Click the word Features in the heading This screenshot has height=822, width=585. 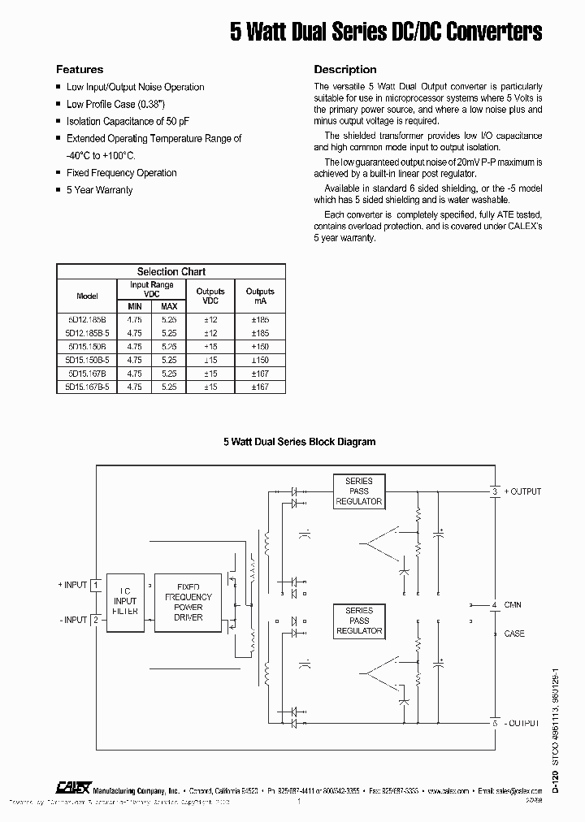[x=79, y=70]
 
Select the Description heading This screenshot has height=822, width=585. [x=345, y=70]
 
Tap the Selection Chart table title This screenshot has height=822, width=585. [x=171, y=272]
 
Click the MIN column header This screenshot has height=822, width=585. [x=134, y=306]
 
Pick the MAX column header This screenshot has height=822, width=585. [x=169, y=306]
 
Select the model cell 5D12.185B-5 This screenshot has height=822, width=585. [x=87, y=332]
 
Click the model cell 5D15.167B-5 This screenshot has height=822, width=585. [x=87, y=387]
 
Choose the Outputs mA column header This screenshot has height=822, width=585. [x=260, y=296]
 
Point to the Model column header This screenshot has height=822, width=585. [x=87, y=296]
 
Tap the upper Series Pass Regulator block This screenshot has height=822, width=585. [x=358, y=491]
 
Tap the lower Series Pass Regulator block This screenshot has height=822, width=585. [x=358, y=620]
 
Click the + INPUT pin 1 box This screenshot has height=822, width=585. [x=95, y=585]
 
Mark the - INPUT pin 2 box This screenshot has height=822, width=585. [x=95, y=620]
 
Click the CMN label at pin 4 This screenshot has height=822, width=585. [x=513, y=605]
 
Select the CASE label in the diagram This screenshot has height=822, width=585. [x=514, y=634]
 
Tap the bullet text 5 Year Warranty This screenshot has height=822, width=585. [x=99, y=190]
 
